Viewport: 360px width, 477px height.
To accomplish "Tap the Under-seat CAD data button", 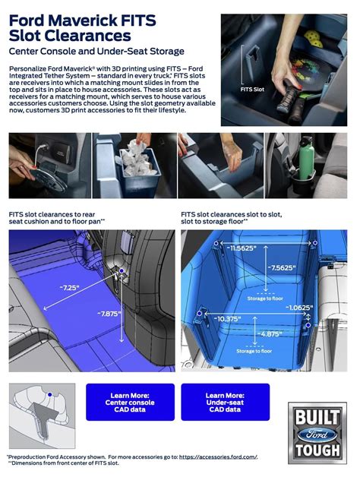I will (225, 402).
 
